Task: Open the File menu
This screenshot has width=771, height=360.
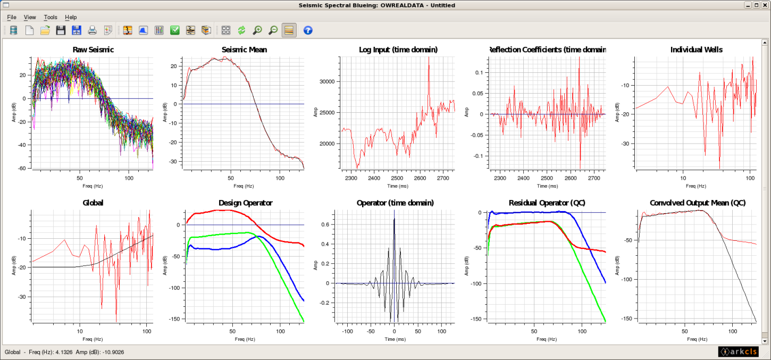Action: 12,17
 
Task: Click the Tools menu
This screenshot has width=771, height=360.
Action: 51,17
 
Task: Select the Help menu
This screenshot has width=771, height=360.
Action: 71,17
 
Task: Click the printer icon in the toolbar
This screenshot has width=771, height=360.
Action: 93,30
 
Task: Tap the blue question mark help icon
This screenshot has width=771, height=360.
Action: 308,30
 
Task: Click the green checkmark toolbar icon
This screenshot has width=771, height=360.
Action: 175,30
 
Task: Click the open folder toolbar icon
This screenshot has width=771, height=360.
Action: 45,30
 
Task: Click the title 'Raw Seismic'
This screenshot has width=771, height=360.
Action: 93,50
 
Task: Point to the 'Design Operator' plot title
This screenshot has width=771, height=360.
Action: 246,203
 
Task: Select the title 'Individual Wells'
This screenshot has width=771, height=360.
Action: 696,50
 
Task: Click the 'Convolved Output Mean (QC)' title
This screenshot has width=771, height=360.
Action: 698,203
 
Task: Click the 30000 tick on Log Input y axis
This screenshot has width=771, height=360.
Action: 328,81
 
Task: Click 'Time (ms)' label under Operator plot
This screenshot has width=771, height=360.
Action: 394,339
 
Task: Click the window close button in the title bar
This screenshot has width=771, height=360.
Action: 764,5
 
